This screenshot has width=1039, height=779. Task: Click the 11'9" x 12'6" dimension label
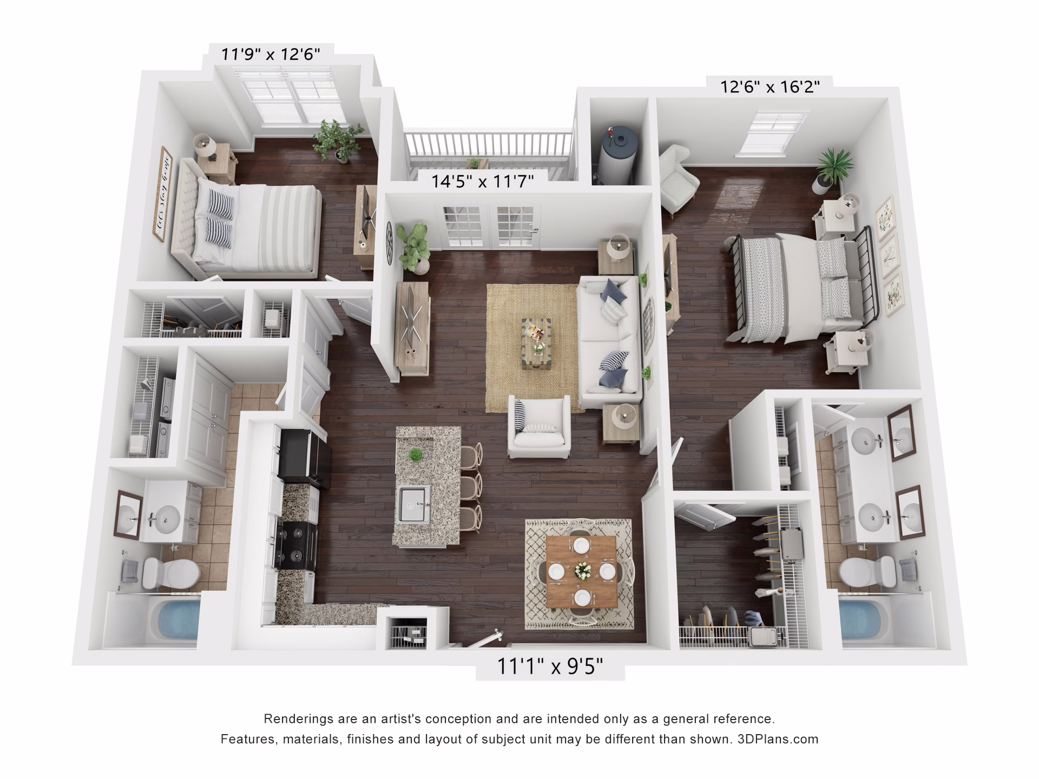[x=271, y=54]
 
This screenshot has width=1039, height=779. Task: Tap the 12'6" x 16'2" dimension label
[x=770, y=87]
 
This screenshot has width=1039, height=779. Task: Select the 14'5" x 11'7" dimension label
[x=482, y=181]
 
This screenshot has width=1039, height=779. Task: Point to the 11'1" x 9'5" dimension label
[x=550, y=666]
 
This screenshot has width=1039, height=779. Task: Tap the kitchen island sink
[x=414, y=504]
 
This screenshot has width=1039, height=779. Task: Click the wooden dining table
[x=581, y=571]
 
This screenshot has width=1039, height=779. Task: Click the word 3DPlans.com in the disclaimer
[x=778, y=740]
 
